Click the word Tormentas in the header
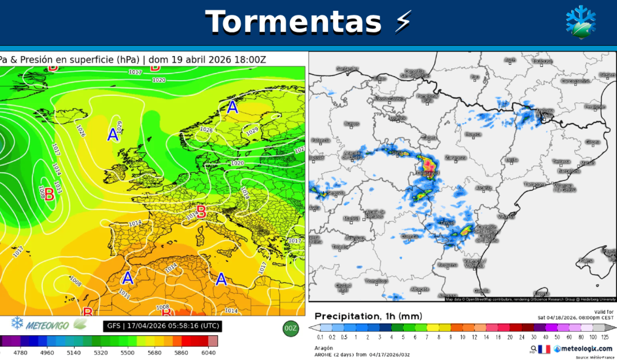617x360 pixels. click(293, 21)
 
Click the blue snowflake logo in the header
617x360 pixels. click(581, 22)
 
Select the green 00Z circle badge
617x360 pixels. click(290, 328)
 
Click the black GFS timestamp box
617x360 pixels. click(162, 326)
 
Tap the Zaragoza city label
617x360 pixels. click(455, 157)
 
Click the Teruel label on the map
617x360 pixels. click(447, 223)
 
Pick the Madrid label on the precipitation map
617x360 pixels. click(351, 219)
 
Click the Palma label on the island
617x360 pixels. click(586, 260)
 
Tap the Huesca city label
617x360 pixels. click(473, 134)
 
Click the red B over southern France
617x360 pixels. click(201, 212)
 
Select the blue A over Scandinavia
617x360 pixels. click(232, 107)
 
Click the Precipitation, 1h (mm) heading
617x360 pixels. click(368, 316)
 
